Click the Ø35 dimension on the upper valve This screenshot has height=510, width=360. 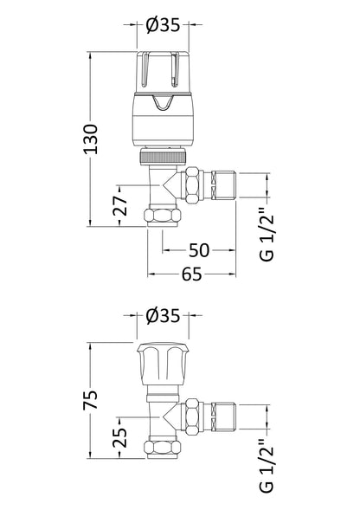pos(164,25)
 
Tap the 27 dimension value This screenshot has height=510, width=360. pos(120,204)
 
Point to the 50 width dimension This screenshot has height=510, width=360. pos(200,250)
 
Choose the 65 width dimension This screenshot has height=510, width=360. pos(191,275)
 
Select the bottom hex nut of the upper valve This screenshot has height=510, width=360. pos(164,216)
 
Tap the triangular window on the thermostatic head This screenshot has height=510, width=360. pos(164,106)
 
